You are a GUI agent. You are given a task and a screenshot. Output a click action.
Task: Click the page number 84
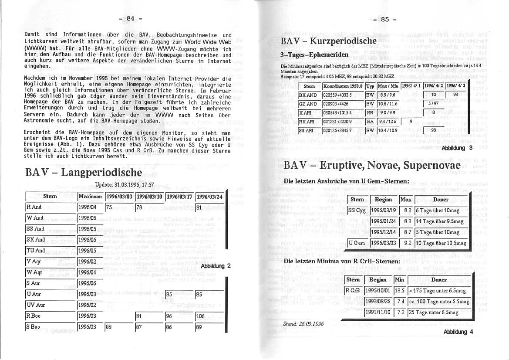tap(130, 18)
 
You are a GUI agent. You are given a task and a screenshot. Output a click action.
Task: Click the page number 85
tap(384, 19)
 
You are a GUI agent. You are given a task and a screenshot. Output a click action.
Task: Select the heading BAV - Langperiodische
tap(84, 172)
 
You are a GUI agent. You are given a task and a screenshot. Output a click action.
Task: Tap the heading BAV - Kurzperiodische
tap(329, 41)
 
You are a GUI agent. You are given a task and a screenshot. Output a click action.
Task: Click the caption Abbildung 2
tap(216, 266)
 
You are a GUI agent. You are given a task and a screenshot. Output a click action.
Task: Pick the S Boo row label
tap(34, 326)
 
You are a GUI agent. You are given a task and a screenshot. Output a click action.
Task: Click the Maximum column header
tap(91, 197)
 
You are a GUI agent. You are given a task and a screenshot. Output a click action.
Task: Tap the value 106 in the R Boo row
tap(200, 316)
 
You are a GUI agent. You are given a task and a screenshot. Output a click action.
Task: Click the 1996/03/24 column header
tap(209, 197)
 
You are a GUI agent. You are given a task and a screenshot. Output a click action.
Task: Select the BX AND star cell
tap(308, 95)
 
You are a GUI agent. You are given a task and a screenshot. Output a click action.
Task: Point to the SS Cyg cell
tap(357, 210)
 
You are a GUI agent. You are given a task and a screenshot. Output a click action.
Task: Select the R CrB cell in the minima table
tap(353, 291)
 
